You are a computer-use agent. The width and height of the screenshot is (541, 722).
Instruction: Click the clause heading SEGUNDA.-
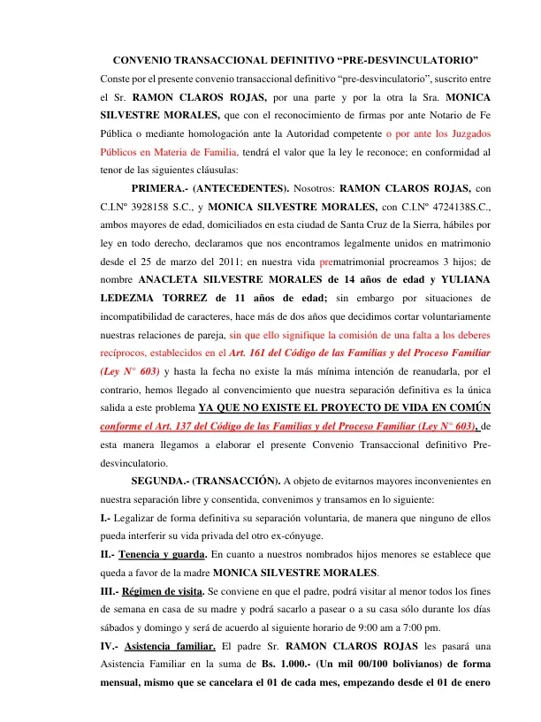(159, 482)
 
